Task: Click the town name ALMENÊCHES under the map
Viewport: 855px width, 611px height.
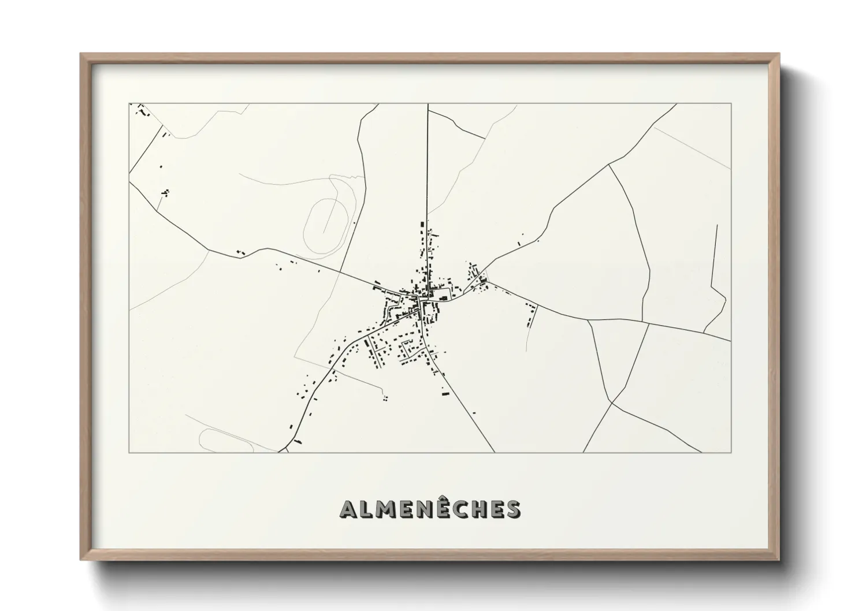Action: tap(430, 509)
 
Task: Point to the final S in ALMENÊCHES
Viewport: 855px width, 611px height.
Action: tap(512, 509)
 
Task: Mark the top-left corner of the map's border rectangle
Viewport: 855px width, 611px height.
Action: tap(129, 104)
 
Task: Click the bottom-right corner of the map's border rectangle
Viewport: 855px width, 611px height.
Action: tap(731, 452)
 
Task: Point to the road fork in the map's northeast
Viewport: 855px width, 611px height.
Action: tap(609, 164)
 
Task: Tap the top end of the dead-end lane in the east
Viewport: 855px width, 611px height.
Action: tap(716, 225)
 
